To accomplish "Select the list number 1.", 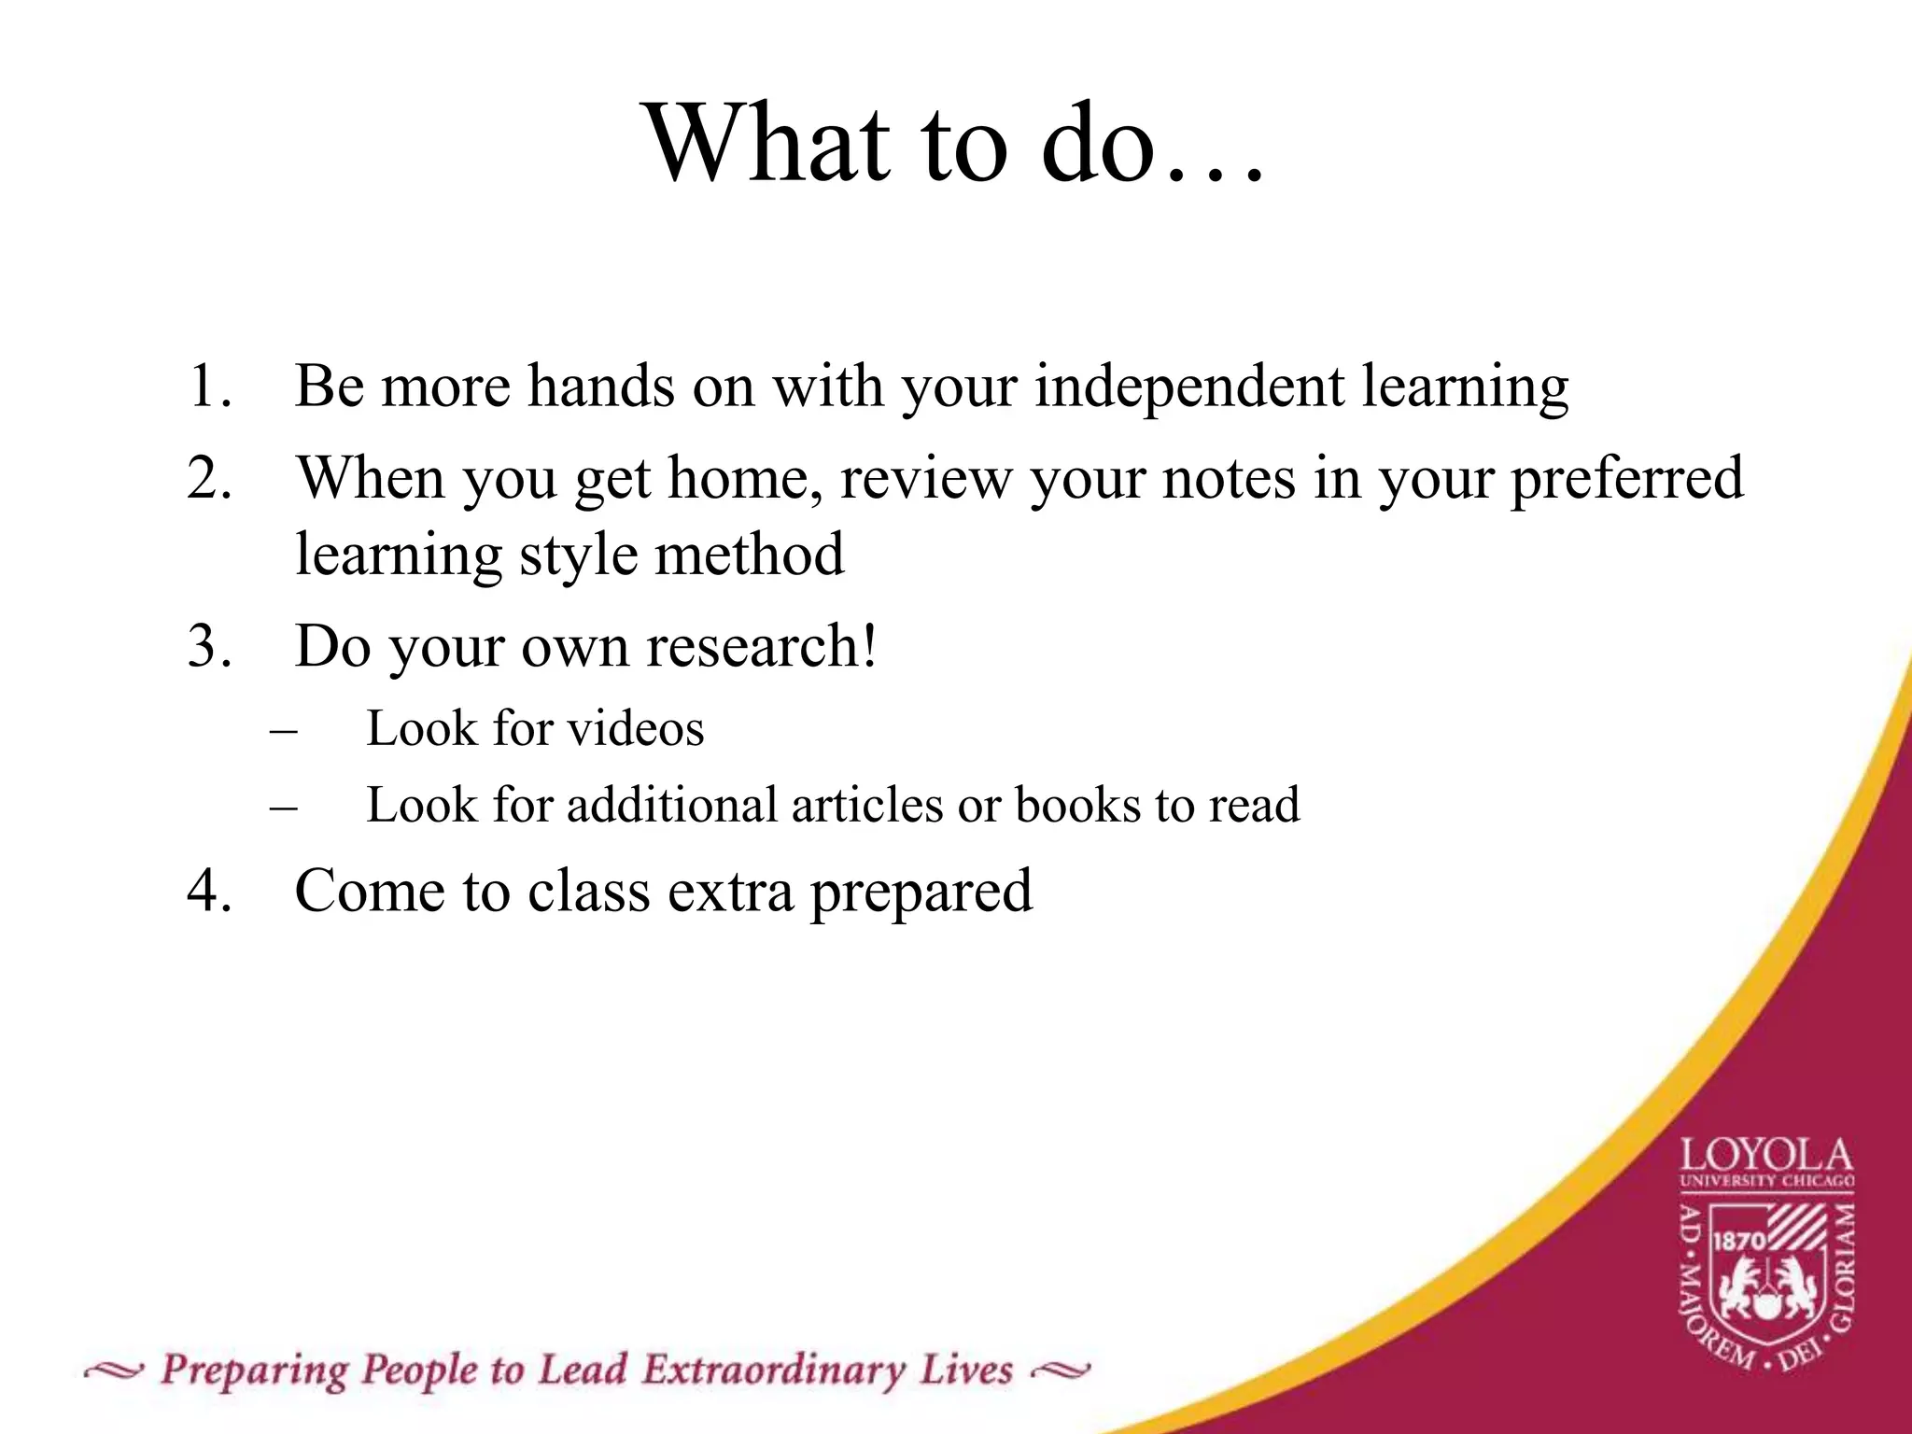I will point(208,386).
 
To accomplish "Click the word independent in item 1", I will point(1189,386).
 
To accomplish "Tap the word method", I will point(749,555).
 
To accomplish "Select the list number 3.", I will point(208,646).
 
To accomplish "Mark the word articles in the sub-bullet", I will point(866,805).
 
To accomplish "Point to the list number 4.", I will point(208,891).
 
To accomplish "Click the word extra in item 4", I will point(730,891).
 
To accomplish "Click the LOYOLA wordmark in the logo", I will point(1766,1158).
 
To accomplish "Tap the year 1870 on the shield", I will point(1738,1241).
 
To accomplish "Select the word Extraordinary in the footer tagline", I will point(774,1371).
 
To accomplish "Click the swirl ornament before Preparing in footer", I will point(113,1371).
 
